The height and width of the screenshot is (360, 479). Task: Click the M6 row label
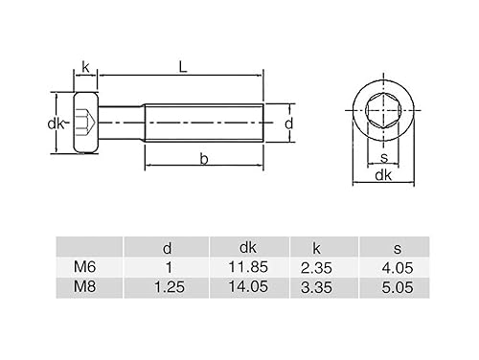click(x=84, y=267)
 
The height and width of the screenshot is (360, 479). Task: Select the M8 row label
click(x=84, y=286)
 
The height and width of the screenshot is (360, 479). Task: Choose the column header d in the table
click(x=168, y=248)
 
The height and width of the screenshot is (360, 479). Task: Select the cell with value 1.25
click(x=168, y=286)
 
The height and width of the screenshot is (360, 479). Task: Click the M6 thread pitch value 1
click(x=168, y=267)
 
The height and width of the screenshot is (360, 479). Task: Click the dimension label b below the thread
click(x=204, y=159)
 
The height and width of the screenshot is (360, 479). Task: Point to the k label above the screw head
click(x=85, y=66)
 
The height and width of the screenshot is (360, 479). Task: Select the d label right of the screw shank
click(x=287, y=123)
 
